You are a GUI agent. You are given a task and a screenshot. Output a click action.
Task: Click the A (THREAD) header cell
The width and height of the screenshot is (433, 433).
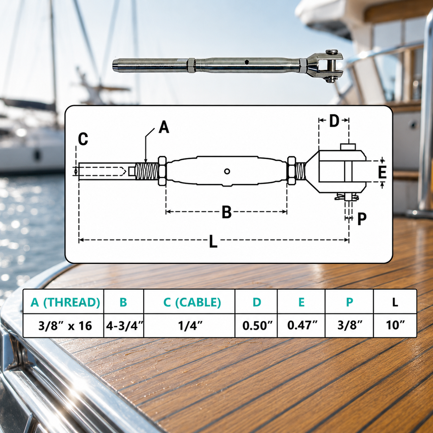(x=65, y=302)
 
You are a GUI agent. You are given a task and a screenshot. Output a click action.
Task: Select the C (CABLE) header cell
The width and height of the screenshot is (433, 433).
(x=192, y=302)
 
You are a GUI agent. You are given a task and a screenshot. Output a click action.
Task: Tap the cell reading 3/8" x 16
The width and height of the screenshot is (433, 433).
(x=65, y=325)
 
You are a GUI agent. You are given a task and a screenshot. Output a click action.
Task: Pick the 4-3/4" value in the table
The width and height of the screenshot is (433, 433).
(x=124, y=325)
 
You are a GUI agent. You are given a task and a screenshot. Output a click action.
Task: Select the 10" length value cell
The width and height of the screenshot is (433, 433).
(x=395, y=325)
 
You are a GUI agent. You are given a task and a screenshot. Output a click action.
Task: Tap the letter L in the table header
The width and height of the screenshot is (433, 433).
(x=395, y=302)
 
